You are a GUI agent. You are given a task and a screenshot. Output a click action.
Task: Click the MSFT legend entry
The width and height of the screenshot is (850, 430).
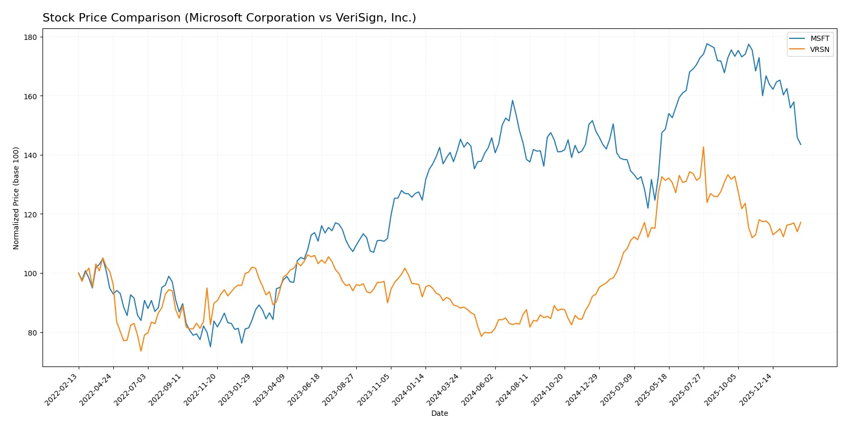point(819,38)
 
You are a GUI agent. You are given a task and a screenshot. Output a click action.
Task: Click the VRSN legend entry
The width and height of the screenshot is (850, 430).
point(819,49)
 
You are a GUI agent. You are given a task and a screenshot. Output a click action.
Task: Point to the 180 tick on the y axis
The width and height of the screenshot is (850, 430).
point(30,37)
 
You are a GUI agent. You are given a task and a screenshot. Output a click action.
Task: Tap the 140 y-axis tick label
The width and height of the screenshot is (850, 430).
point(30,155)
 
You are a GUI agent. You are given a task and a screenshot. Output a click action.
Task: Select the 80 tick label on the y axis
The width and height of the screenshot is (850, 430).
point(32,333)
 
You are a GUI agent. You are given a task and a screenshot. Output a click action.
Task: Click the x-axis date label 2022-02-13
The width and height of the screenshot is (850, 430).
point(62,390)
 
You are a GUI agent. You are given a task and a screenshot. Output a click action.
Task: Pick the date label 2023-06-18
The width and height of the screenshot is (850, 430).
point(305,390)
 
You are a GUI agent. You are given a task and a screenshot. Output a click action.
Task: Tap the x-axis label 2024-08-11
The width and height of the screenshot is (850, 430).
point(513,390)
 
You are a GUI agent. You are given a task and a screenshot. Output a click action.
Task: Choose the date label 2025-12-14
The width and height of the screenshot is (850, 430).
point(756,390)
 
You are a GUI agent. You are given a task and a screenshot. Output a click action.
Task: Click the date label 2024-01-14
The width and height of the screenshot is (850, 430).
point(409,390)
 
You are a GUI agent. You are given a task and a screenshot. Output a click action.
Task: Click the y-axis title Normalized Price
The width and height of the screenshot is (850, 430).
point(16,198)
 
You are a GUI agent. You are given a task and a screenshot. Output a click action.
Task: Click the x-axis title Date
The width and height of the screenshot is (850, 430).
point(439,413)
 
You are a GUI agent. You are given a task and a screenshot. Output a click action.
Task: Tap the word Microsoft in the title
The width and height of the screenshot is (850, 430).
point(215,18)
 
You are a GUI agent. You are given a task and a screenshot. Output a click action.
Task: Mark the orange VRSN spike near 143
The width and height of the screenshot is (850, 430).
point(703,147)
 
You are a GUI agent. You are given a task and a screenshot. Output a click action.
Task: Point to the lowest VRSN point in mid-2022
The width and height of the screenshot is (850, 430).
point(141,351)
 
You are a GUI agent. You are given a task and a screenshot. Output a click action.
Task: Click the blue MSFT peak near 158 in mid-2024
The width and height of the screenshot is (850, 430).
point(512,100)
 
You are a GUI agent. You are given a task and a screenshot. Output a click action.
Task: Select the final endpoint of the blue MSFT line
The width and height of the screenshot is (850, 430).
point(801,144)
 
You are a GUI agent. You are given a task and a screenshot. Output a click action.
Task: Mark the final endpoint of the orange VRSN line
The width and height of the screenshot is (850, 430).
point(801,222)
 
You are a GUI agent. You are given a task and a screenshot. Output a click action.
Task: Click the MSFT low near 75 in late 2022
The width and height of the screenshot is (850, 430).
point(210,347)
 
